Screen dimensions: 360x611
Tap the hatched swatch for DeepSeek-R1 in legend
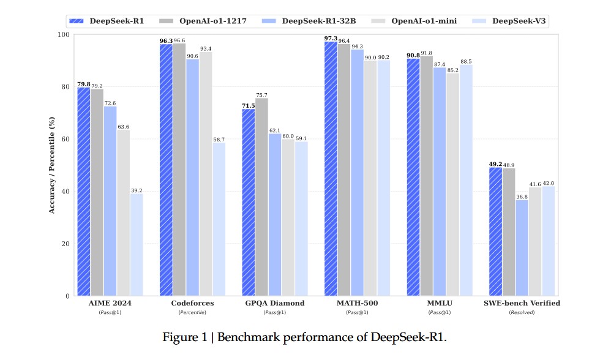coord(76,21)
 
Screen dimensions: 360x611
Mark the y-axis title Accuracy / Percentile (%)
coord(51,165)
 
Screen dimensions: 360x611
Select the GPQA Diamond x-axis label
coord(274,303)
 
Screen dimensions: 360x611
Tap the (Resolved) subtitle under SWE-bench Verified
coord(522,312)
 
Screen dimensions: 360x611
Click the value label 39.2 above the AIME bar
coord(137,190)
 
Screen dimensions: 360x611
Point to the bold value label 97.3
coord(330,38)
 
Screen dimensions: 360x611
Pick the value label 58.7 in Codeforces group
coord(219,139)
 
